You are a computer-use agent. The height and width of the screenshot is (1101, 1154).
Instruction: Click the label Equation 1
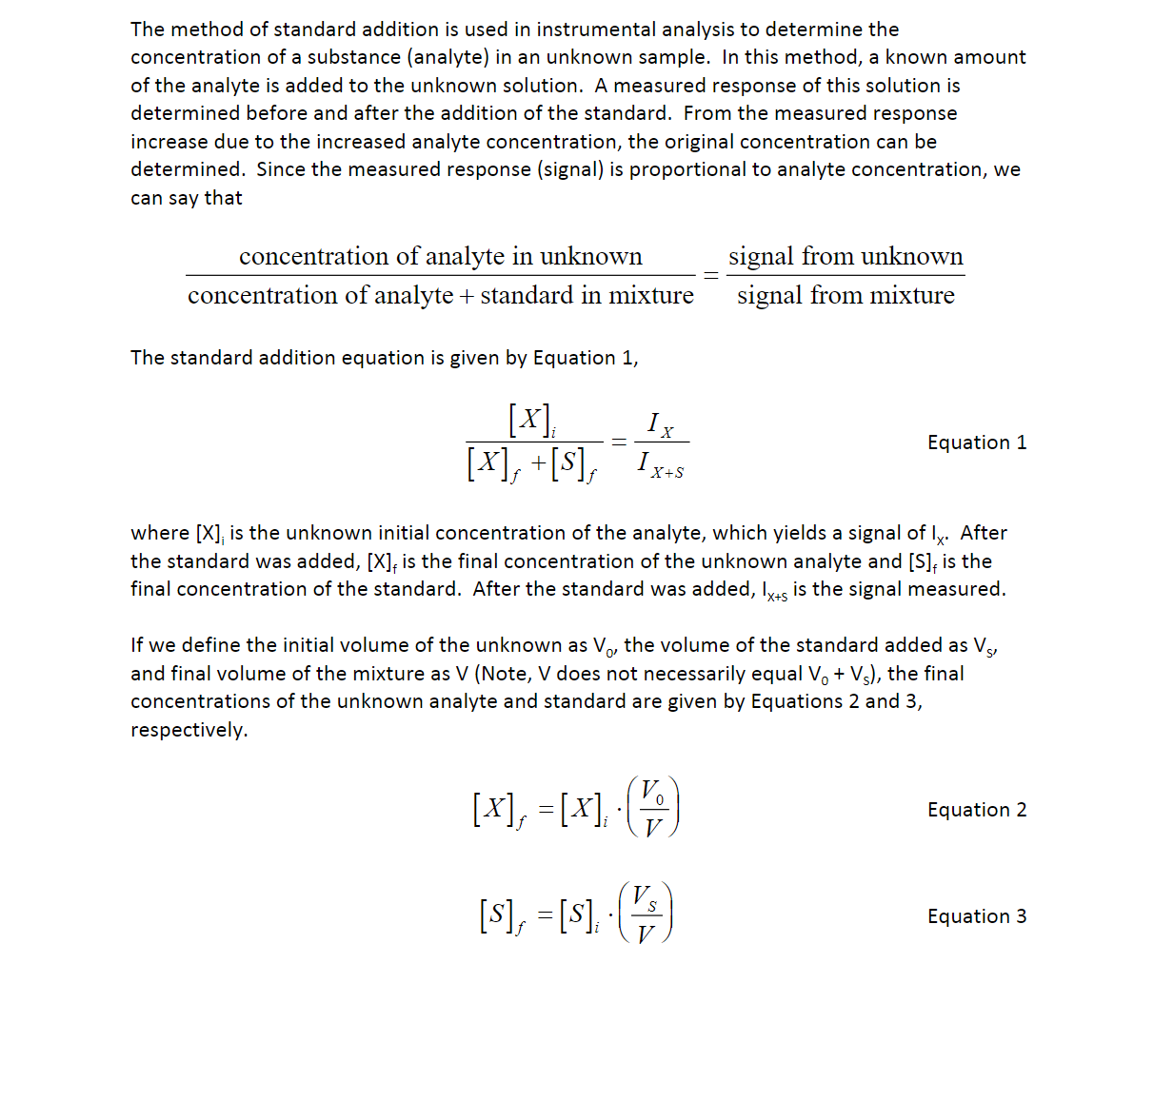coord(977,442)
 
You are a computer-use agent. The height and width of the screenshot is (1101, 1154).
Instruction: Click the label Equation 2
coord(977,810)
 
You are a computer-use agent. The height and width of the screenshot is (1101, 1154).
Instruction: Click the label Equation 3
coord(977,916)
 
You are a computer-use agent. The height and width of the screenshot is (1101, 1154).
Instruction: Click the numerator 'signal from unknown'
coord(846,257)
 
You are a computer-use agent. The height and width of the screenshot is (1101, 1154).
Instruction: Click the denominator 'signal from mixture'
coord(846,296)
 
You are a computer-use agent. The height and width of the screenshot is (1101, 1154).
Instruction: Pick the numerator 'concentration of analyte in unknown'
coord(441,257)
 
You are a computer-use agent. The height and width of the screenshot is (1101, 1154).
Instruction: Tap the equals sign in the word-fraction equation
coord(710,275)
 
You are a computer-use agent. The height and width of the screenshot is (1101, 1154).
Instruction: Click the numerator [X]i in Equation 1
coord(532,420)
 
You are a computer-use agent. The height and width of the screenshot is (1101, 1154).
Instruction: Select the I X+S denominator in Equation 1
coord(661,465)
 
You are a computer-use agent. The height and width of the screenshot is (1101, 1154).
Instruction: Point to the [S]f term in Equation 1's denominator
coord(574,464)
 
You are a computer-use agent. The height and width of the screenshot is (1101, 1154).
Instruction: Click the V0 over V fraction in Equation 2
coord(653,808)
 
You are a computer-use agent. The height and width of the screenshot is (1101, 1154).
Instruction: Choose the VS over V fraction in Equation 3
coord(646,914)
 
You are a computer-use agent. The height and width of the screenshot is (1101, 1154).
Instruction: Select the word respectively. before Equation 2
coord(189,730)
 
